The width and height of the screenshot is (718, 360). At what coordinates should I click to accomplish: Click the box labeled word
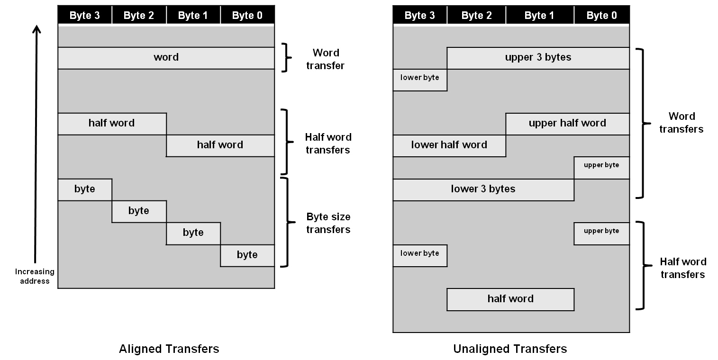166,58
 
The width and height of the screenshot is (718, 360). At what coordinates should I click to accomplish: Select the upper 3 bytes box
538,58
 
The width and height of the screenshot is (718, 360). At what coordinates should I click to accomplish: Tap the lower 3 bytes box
483,189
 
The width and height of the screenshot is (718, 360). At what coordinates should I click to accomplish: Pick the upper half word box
567,124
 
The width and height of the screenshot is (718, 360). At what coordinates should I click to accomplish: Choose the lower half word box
449,145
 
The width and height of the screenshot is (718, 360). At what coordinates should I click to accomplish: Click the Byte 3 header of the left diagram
85,16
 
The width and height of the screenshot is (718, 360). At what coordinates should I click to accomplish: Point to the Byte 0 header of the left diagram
247,16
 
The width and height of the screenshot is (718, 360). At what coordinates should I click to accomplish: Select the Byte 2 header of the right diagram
476,16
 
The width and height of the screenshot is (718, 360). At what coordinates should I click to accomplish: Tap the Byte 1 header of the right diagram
539,16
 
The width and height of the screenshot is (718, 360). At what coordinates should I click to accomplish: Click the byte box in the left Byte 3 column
85,189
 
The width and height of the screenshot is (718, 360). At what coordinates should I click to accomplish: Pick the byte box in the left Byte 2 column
139,211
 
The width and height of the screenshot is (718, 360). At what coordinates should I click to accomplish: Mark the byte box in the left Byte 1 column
193,233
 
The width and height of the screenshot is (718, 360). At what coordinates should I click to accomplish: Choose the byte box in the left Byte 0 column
247,255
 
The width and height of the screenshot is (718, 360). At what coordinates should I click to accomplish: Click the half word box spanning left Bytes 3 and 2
112,124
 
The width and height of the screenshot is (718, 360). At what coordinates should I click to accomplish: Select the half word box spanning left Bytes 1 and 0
220,145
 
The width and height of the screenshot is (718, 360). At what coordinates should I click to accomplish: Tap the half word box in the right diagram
510,299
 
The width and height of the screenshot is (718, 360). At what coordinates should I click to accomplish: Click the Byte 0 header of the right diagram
601,16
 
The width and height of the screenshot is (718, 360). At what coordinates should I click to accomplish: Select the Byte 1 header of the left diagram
193,16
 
